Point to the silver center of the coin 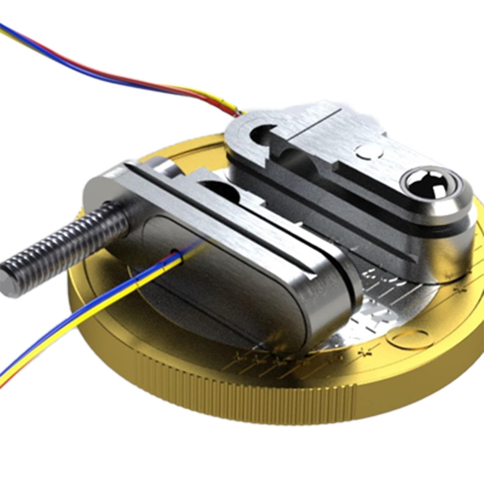(381, 300)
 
